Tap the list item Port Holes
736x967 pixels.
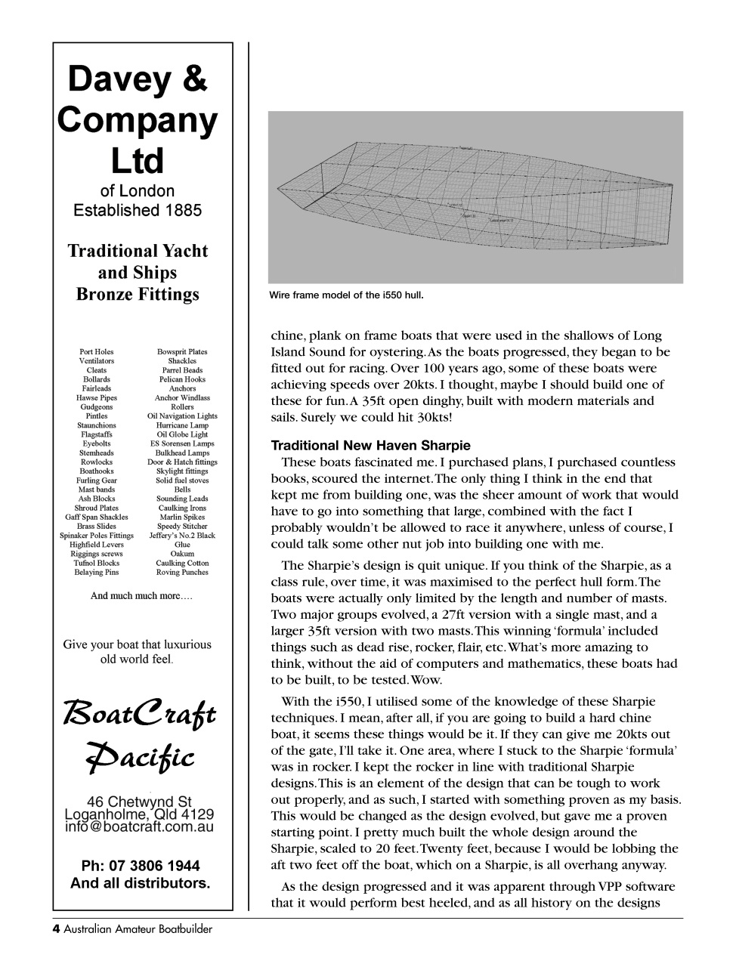tap(97, 352)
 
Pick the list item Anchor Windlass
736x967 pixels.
tap(182, 398)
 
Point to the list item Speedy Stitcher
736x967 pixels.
tap(182, 527)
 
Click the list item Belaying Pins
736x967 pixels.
tap(97, 573)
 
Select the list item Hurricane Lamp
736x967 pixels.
tap(182, 425)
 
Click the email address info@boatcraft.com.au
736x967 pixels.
tap(140, 827)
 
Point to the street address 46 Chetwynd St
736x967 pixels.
tap(140, 802)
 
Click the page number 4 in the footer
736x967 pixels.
tap(56, 929)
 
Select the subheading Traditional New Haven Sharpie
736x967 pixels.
tap(370, 446)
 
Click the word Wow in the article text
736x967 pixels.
tap(426, 680)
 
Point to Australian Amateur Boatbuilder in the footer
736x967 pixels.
tap(138, 929)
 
